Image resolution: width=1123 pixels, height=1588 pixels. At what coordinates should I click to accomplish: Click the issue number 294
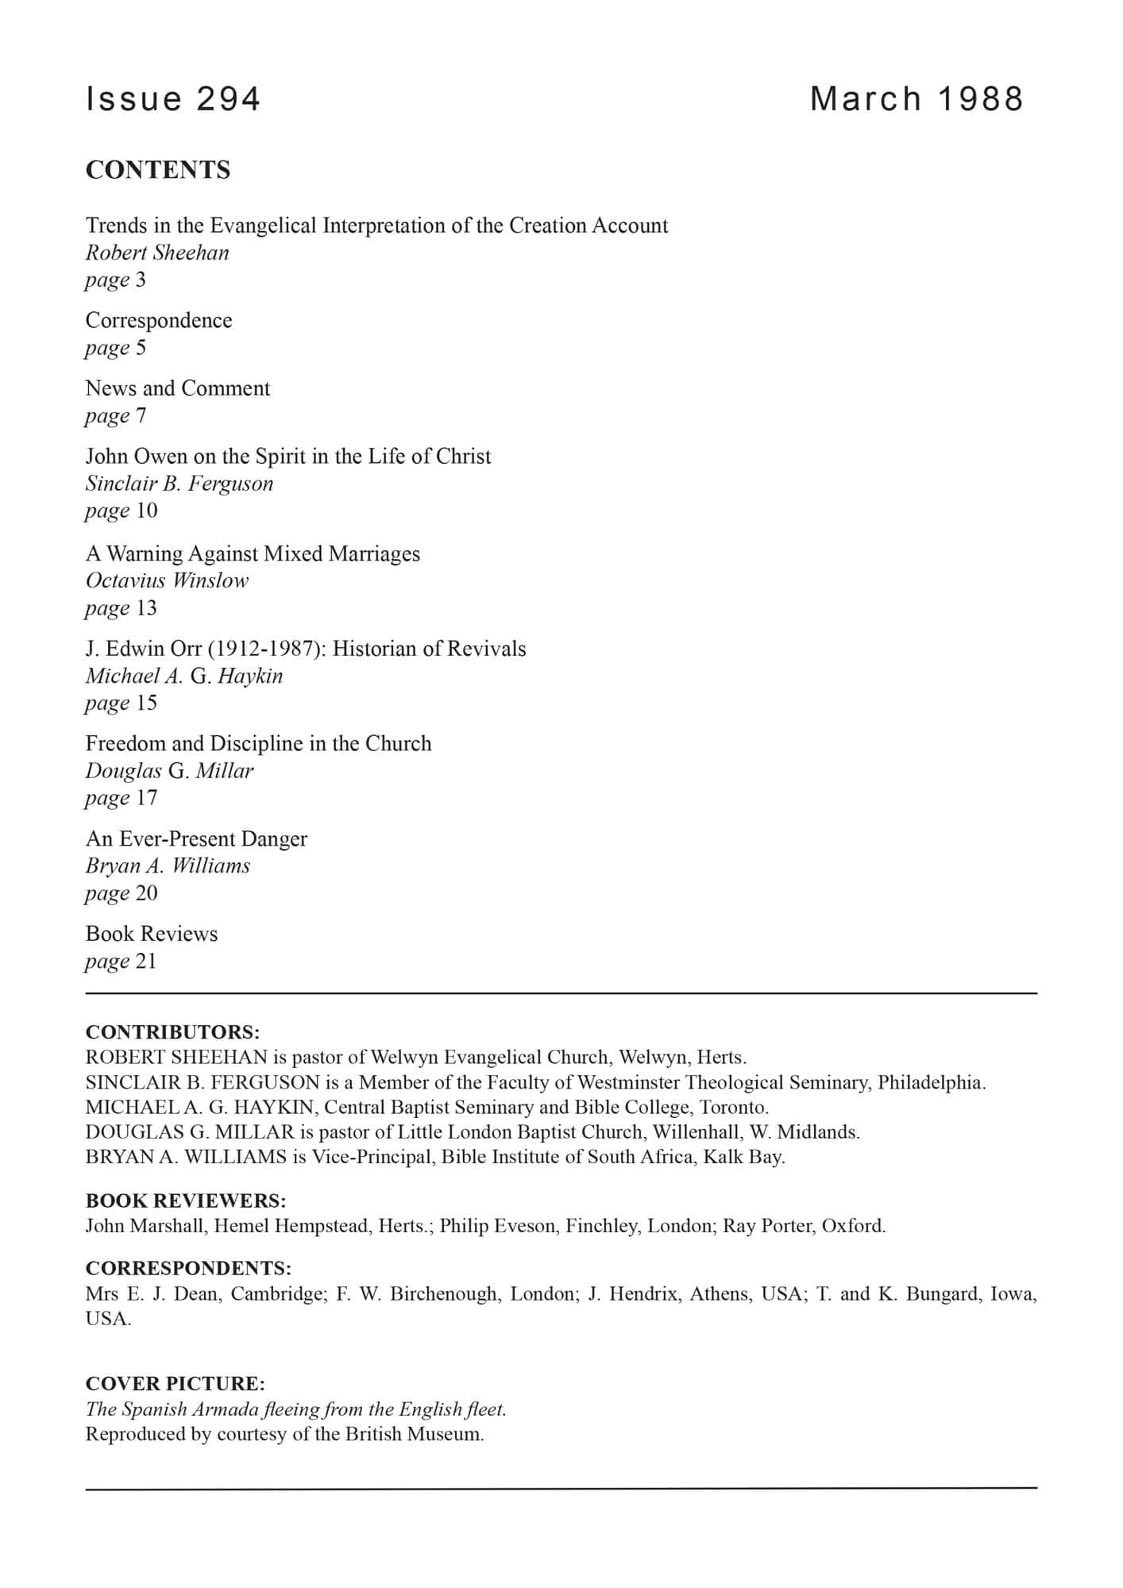click(x=228, y=99)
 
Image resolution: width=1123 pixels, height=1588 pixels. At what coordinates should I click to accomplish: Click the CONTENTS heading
click(x=158, y=170)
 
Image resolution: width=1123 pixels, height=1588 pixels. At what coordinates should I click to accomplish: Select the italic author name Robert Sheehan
click(x=157, y=252)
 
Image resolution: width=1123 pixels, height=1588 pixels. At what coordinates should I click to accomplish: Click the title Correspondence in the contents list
click(x=159, y=320)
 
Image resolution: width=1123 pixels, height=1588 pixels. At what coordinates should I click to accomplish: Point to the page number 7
click(x=141, y=415)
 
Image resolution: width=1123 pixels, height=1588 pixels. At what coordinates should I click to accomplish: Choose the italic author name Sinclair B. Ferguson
click(x=179, y=484)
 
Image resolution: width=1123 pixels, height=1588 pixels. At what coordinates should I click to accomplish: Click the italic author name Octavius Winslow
click(x=167, y=580)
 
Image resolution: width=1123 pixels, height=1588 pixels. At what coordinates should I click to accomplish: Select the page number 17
click(x=146, y=798)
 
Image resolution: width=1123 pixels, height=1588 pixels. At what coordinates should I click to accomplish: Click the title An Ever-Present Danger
click(x=196, y=838)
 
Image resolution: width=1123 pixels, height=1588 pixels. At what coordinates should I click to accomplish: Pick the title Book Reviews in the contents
click(x=152, y=934)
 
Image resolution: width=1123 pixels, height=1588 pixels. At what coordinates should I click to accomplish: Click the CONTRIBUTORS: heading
click(x=173, y=1032)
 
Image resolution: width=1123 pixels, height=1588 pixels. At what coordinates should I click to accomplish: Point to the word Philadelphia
click(x=931, y=1082)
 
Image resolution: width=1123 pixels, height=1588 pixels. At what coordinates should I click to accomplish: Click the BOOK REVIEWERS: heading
click(x=186, y=1200)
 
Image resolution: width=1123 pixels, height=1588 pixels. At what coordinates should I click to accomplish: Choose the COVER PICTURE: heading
click(x=176, y=1383)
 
